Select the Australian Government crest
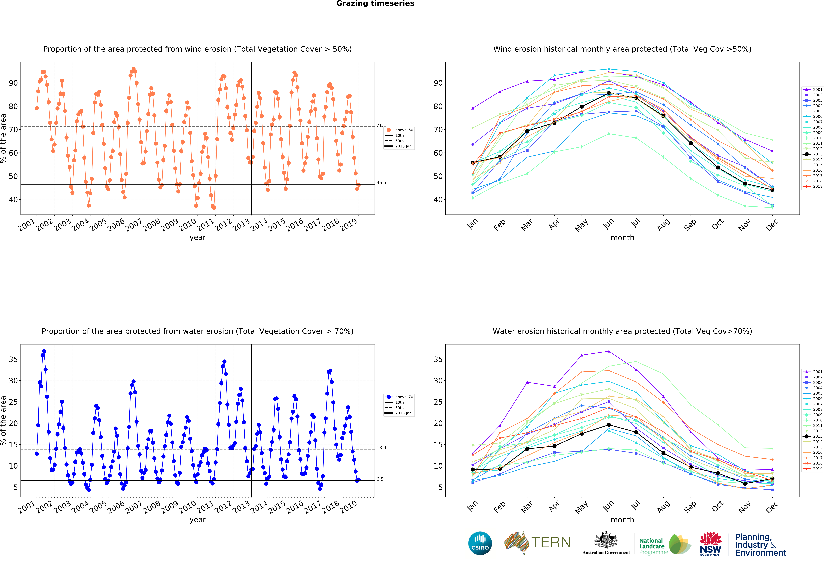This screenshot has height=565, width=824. point(606,540)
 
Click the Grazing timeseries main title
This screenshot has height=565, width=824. point(375,4)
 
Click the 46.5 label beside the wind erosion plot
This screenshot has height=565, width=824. point(381,183)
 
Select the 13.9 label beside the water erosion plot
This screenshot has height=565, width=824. point(381,448)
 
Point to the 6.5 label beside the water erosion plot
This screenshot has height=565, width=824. point(380,479)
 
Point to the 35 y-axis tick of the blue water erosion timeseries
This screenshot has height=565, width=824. point(13,359)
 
